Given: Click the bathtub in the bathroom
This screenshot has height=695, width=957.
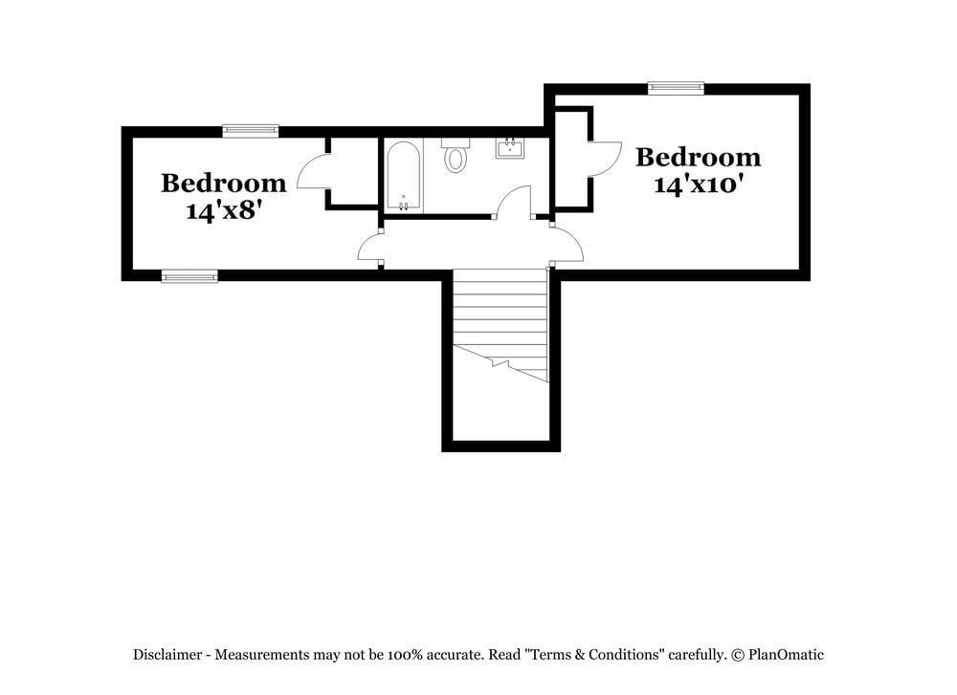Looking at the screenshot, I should [403, 177].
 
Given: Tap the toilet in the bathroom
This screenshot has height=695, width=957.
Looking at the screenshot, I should [456, 156].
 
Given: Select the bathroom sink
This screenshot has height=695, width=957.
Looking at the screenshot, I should [508, 148].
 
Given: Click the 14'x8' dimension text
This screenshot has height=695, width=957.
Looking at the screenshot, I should [224, 210].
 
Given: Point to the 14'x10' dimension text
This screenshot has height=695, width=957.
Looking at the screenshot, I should [699, 184].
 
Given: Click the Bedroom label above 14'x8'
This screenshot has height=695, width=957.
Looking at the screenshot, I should [223, 183].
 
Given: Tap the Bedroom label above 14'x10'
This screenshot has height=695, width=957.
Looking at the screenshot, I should [699, 157].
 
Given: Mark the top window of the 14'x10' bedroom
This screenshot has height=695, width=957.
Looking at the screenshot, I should [676, 88].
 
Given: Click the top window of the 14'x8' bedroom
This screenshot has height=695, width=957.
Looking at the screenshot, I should [251, 131].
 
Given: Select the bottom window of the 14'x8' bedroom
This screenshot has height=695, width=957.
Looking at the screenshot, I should [189, 276].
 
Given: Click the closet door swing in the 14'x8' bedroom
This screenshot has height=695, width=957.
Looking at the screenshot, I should [313, 173].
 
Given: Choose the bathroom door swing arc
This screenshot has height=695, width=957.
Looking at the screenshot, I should [515, 202].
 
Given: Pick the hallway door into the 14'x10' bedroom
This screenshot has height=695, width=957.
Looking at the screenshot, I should [568, 246].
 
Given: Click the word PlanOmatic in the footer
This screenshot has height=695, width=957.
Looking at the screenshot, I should [786, 655].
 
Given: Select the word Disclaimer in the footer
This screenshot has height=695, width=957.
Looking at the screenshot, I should [167, 655].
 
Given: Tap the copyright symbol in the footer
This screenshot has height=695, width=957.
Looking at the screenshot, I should [738, 655].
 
